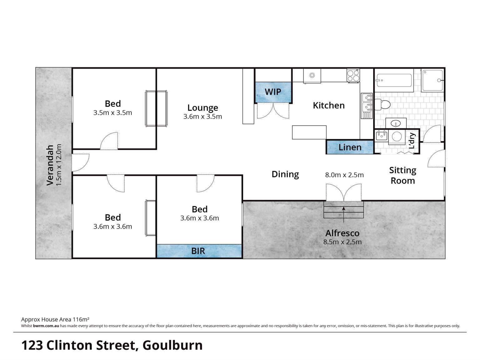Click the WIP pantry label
[x=273, y=92]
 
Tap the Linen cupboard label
[x=350, y=147]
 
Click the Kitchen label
[x=328, y=106]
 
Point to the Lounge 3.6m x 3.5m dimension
[x=202, y=116]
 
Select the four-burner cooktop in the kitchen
[x=353, y=76]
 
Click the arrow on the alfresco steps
[x=343, y=215]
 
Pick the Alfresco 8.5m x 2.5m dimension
[x=342, y=242]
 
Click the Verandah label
[x=50, y=165]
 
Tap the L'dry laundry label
[x=412, y=141]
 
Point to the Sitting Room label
[x=402, y=175]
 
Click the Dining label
[x=285, y=174]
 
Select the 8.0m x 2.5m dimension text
[x=344, y=175]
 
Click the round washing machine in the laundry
[x=397, y=137]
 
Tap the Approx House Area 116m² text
[x=55, y=320]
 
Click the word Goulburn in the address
[x=172, y=345]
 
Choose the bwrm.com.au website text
[x=46, y=326]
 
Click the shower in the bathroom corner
[x=433, y=80]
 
